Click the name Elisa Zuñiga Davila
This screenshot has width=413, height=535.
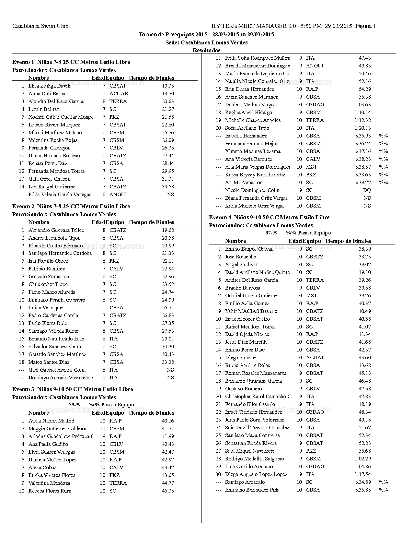[50, 86]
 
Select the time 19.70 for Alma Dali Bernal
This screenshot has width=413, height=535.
[168, 94]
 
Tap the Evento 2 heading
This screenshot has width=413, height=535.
[71, 206]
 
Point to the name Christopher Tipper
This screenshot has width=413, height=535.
[49, 284]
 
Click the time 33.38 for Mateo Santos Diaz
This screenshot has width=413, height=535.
[168, 362]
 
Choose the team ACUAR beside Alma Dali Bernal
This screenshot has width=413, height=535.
[119, 94]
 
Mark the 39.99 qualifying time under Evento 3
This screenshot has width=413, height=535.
[75, 405]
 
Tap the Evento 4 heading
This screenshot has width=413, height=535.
[269, 218]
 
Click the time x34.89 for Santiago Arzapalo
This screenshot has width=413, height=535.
[363, 482]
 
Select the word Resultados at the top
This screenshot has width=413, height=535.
[206, 50]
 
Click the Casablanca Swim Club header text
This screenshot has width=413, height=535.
[40, 26]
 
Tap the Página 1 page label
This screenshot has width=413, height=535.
[365, 26]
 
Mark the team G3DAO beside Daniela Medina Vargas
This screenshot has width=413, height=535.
[315, 105]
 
